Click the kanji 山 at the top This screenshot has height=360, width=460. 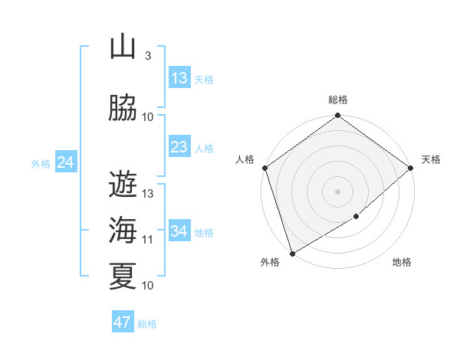[123, 47]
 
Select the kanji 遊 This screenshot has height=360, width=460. [123, 183]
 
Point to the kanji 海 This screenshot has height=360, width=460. [123, 229]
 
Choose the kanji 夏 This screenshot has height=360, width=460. [123, 276]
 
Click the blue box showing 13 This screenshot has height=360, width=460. [179, 78]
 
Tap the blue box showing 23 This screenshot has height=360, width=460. [179, 147]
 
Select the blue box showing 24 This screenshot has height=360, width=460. [66, 162]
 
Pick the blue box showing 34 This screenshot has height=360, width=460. [179, 231]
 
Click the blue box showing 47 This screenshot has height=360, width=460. [123, 322]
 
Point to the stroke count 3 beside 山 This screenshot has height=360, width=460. [148, 56]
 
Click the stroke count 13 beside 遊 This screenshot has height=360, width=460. [148, 194]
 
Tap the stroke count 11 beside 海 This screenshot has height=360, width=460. [148, 240]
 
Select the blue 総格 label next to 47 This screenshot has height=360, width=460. [148, 324]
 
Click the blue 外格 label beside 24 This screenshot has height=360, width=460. [40, 163]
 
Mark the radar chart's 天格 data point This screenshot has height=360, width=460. [411, 168]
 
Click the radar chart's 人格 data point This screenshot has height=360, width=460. [264, 168]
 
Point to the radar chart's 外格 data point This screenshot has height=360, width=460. [291, 254]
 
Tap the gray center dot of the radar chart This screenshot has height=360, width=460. [337, 191]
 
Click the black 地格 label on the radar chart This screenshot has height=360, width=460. [402, 263]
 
